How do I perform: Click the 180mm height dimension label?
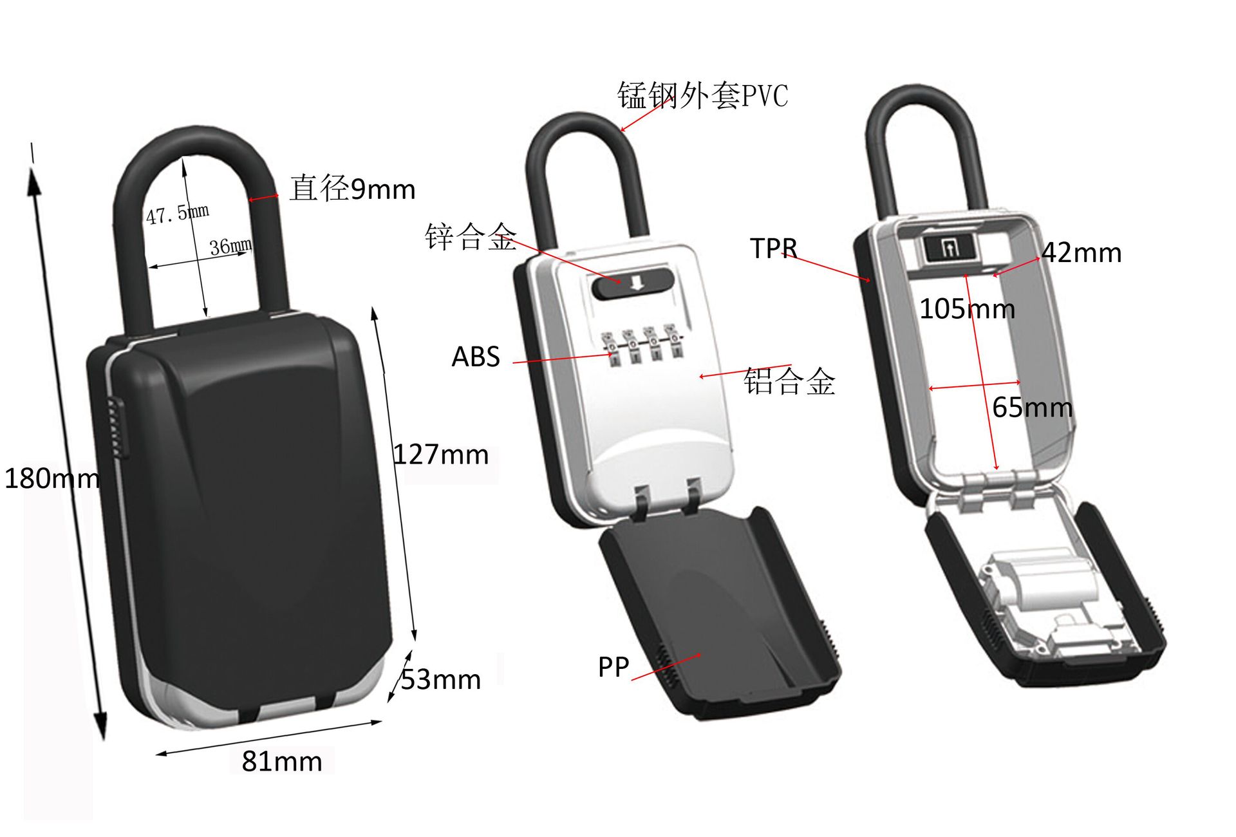[51, 478]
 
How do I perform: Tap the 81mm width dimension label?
[282, 761]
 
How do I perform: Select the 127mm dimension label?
[442, 455]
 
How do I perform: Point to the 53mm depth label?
[441, 680]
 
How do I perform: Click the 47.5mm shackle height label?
[177, 213]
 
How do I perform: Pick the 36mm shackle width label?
[230, 246]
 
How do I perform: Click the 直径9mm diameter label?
[352, 189]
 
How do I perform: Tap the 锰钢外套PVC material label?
[702, 96]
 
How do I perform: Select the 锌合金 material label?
[471, 236]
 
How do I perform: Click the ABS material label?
[476, 357]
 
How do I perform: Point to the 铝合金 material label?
[789, 381]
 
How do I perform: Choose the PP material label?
[613, 667]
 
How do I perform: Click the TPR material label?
[773, 249]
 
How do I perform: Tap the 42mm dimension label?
[1082, 252]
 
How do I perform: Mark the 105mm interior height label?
[967, 309]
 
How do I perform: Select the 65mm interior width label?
[1032, 408]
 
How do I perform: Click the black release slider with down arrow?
[633, 284]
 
